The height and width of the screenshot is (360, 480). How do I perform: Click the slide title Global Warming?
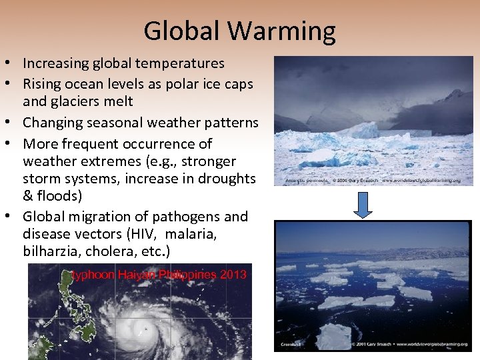click(x=239, y=31)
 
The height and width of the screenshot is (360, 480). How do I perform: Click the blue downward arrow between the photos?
click(x=363, y=205)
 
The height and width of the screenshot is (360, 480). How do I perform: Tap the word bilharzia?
click(x=52, y=252)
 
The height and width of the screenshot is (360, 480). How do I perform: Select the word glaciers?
click(x=76, y=101)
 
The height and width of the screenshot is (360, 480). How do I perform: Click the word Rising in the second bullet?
click(x=41, y=84)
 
